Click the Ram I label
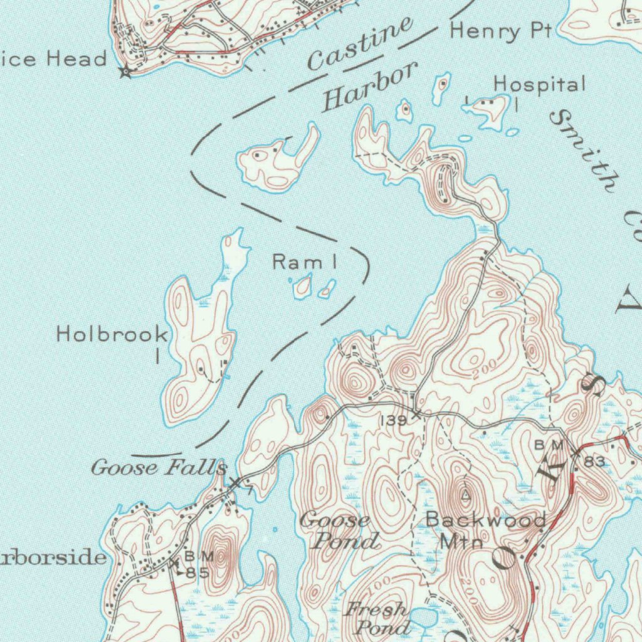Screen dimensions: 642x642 [x=303, y=262]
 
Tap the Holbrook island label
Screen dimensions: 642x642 [x=112, y=334]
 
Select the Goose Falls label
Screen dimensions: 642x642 [x=159, y=468]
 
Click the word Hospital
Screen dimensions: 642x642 [x=539, y=84]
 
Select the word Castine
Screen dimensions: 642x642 [x=360, y=45]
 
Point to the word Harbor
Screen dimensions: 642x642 [x=369, y=87]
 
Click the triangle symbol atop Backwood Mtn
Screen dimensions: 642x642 [x=465, y=495]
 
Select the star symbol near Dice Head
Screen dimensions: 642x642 [x=125, y=72]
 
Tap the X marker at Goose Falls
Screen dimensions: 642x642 [x=234, y=483]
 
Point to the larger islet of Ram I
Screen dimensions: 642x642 [x=303, y=287]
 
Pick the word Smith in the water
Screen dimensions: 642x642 [x=584, y=150]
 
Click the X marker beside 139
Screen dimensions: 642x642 [x=416, y=414]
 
